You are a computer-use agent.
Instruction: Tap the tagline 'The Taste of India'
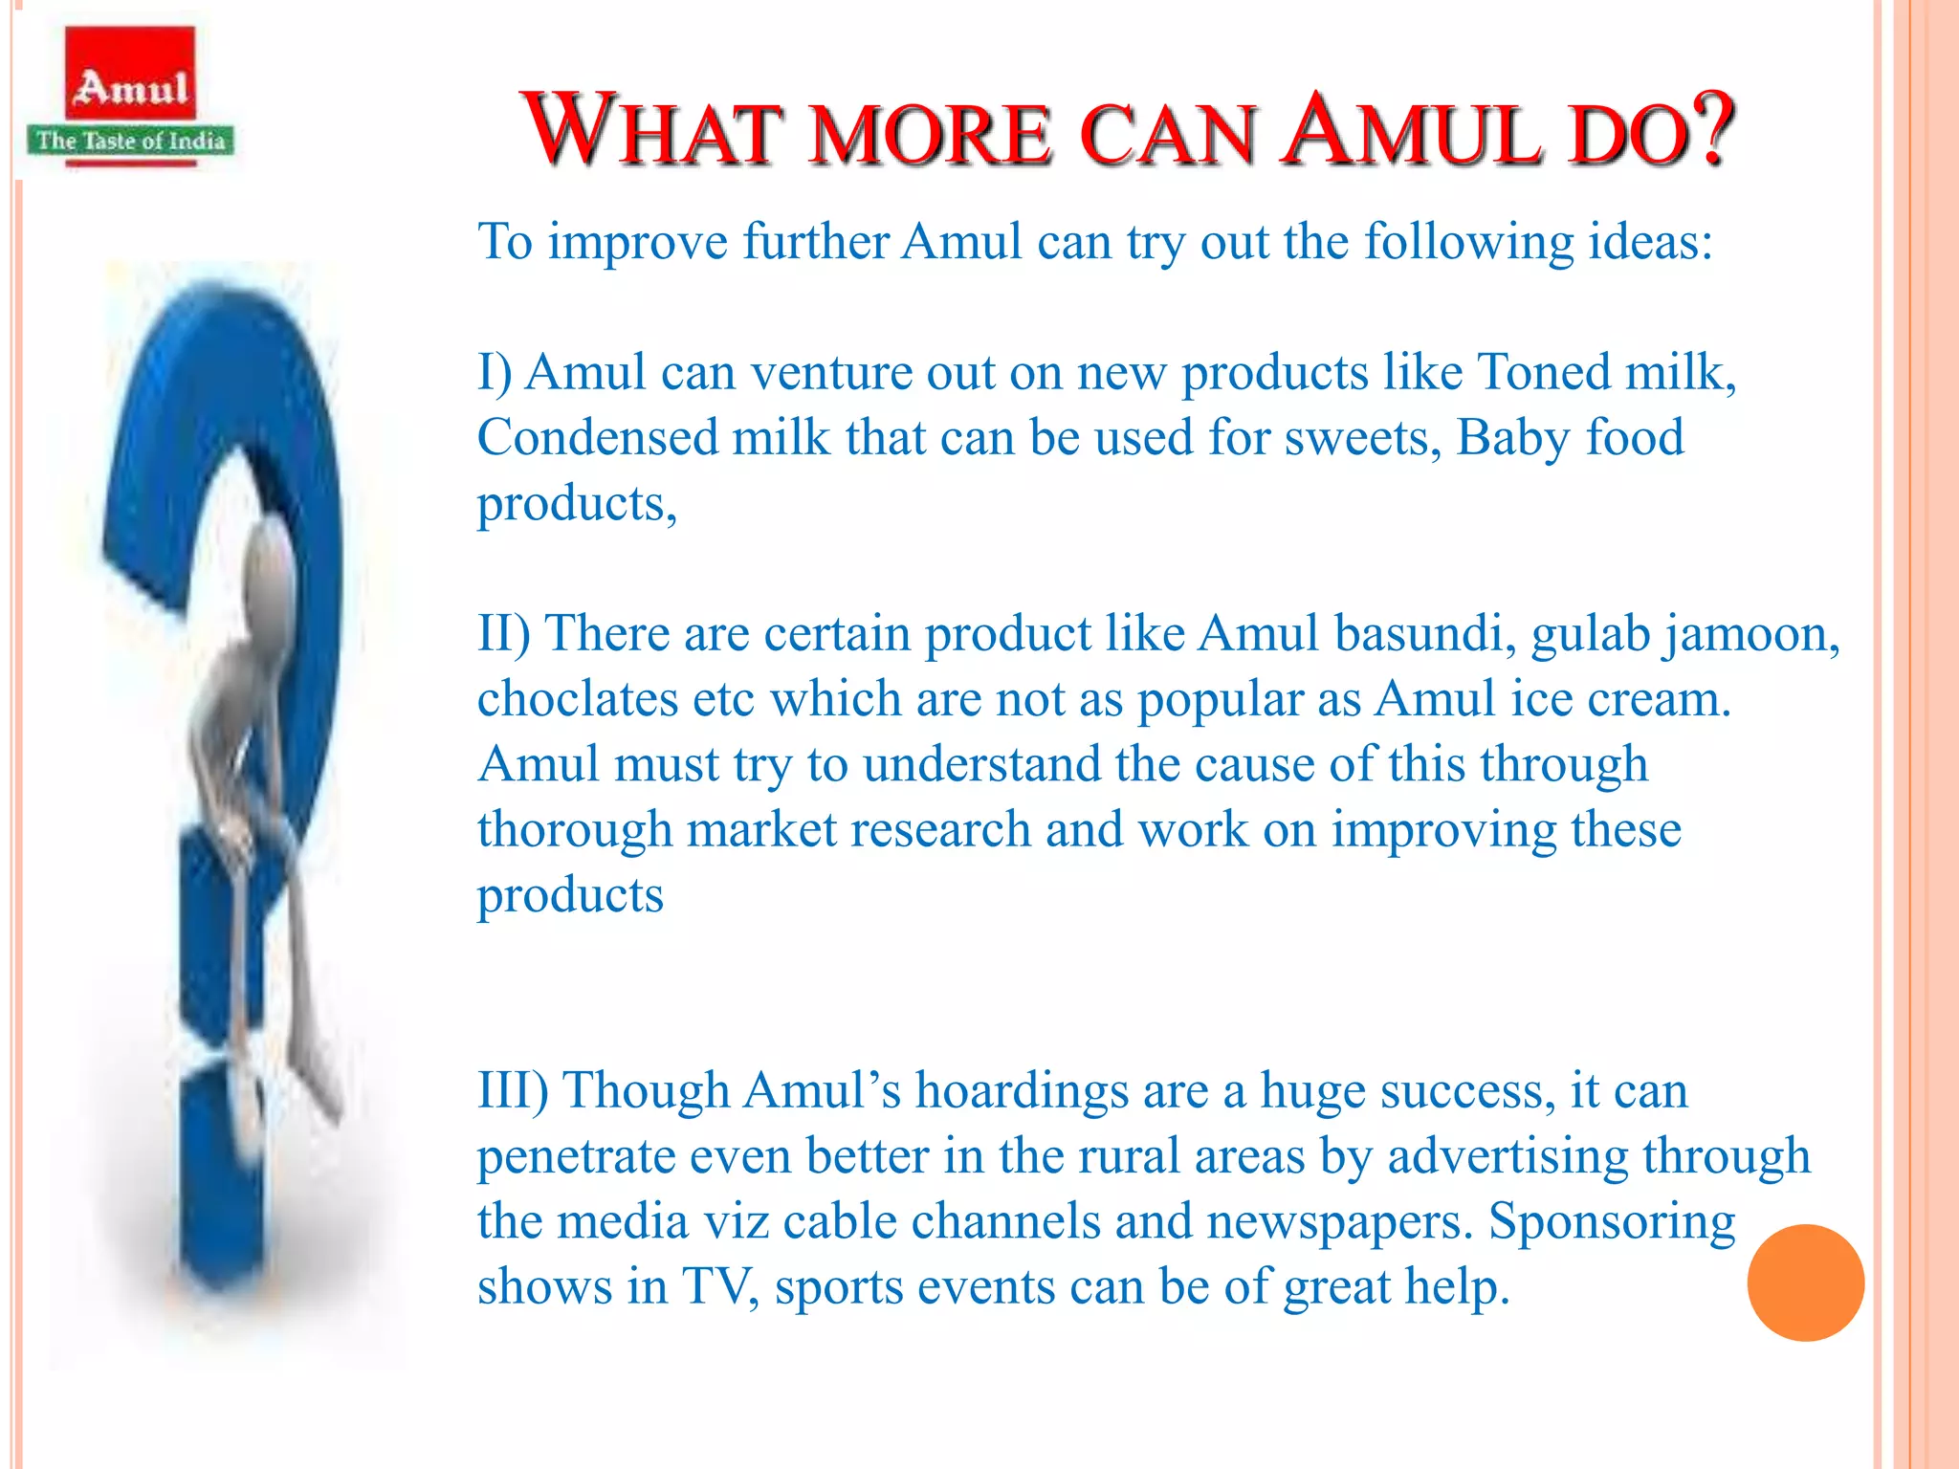[x=131, y=142]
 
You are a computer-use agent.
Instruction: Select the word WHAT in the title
[x=650, y=131]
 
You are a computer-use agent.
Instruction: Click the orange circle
[x=1805, y=1283]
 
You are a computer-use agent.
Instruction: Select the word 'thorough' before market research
[x=575, y=829]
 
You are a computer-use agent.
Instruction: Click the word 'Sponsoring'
[x=1612, y=1222]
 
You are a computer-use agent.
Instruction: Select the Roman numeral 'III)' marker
[x=513, y=1091]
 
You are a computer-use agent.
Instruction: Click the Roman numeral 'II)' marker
[x=503, y=634]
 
